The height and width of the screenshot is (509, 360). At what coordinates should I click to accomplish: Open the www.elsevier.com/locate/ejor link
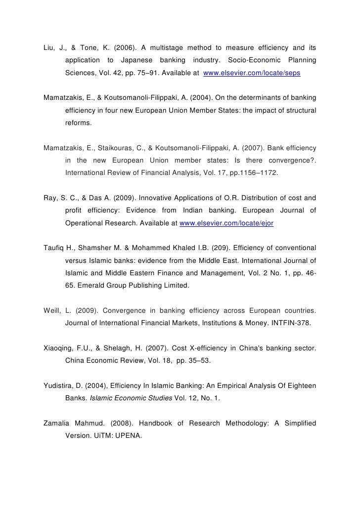pos(226,223)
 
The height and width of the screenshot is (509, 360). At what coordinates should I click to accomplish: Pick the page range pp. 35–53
pos(197,360)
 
